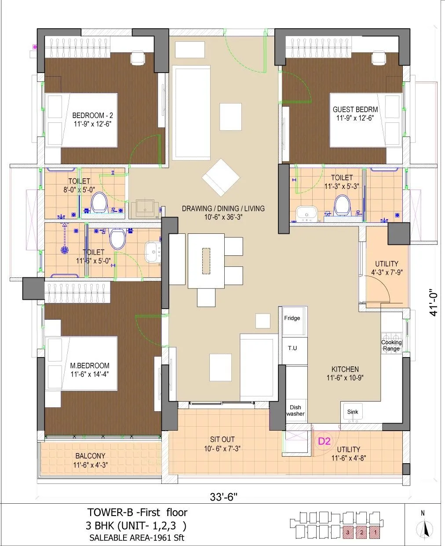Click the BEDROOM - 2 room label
pos(92,115)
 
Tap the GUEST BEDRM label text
pos(355,110)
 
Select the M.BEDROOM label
pos(90,365)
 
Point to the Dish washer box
pos(295,410)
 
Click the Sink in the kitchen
pos(353,413)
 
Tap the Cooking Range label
pos(391,345)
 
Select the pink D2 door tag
pos(324,441)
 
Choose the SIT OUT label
pos(222,439)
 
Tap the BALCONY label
pos(90,456)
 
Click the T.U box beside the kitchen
pos(292,348)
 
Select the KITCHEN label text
pos(345,369)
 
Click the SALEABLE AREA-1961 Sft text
pos(137,537)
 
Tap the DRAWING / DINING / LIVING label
pos(223,208)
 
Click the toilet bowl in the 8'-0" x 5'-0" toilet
pos(98,202)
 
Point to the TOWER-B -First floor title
pos(137,512)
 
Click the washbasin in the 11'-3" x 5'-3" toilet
pos(305,214)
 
